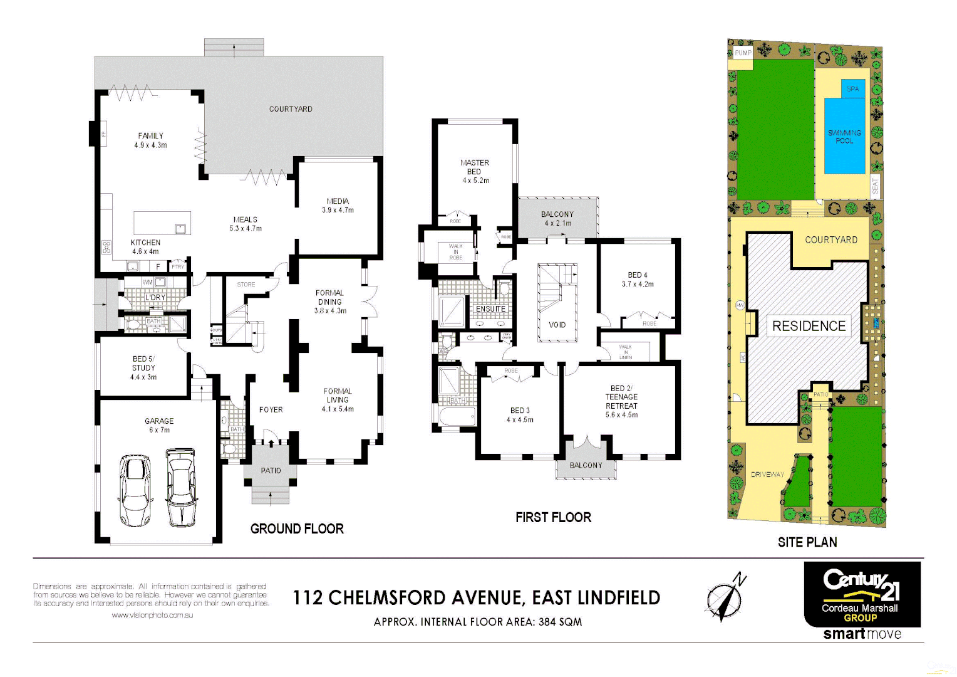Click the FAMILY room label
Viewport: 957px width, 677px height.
point(150,136)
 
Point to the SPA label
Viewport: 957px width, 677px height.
point(852,89)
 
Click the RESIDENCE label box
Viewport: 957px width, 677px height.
point(809,326)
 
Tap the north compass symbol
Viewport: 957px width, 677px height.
point(725,596)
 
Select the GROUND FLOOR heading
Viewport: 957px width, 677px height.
point(297,528)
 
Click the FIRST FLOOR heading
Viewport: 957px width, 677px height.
point(553,517)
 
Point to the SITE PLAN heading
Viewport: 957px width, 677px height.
point(807,542)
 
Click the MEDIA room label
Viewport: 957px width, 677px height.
point(338,201)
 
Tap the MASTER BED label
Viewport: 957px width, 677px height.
point(475,167)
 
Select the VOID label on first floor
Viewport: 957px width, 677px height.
point(557,325)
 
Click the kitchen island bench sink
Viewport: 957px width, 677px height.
point(181,228)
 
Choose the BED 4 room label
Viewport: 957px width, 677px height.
point(638,275)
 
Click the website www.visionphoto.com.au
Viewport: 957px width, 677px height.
point(152,616)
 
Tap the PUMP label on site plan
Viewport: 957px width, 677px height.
point(743,53)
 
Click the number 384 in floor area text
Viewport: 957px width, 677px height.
point(547,622)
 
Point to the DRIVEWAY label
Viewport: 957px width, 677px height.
point(767,475)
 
